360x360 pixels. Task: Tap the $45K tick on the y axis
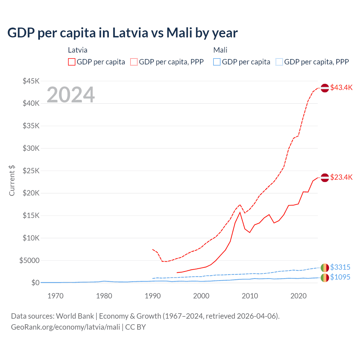coord(31,81)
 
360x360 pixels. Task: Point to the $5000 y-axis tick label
coord(29,260)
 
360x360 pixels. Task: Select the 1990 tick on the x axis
coord(153,296)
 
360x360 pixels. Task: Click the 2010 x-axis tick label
coord(250,296)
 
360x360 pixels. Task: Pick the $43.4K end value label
coord(341,87)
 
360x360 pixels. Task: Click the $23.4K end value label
coord(341,177)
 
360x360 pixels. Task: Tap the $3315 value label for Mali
coord(340,267)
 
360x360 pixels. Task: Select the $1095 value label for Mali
coord(340,277)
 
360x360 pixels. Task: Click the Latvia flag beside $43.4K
coord(325,88)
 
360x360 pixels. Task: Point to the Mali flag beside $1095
coord(325,278)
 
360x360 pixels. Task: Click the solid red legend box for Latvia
coord(72,62)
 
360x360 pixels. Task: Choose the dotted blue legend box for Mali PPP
coord(279,62)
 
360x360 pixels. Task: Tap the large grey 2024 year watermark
coord(71,95)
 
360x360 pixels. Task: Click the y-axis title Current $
coord(12,181)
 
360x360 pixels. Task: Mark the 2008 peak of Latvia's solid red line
coord(240,212)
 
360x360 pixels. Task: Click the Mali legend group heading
coord(220,50)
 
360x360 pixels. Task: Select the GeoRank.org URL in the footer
coord(66,327)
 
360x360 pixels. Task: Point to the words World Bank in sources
coord(75,316)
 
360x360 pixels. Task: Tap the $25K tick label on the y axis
coord(31,171)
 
